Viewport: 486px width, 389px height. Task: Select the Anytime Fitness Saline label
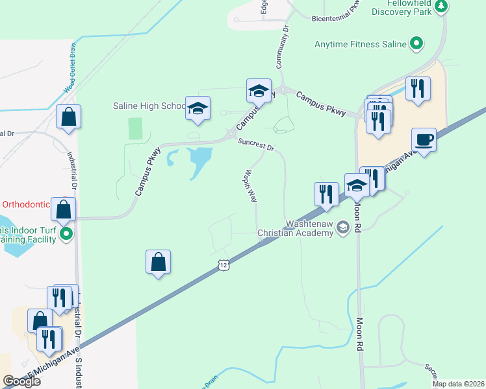360,44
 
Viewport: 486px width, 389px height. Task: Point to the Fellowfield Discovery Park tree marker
441,6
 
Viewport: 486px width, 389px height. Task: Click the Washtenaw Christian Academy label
295,228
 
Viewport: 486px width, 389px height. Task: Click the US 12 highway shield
224,265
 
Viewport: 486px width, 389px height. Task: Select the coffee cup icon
424,139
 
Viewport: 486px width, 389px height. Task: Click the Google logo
21,381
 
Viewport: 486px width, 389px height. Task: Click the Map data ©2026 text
458,384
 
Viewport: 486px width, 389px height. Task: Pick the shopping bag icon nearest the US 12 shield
158,262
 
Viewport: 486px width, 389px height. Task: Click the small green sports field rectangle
135,128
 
